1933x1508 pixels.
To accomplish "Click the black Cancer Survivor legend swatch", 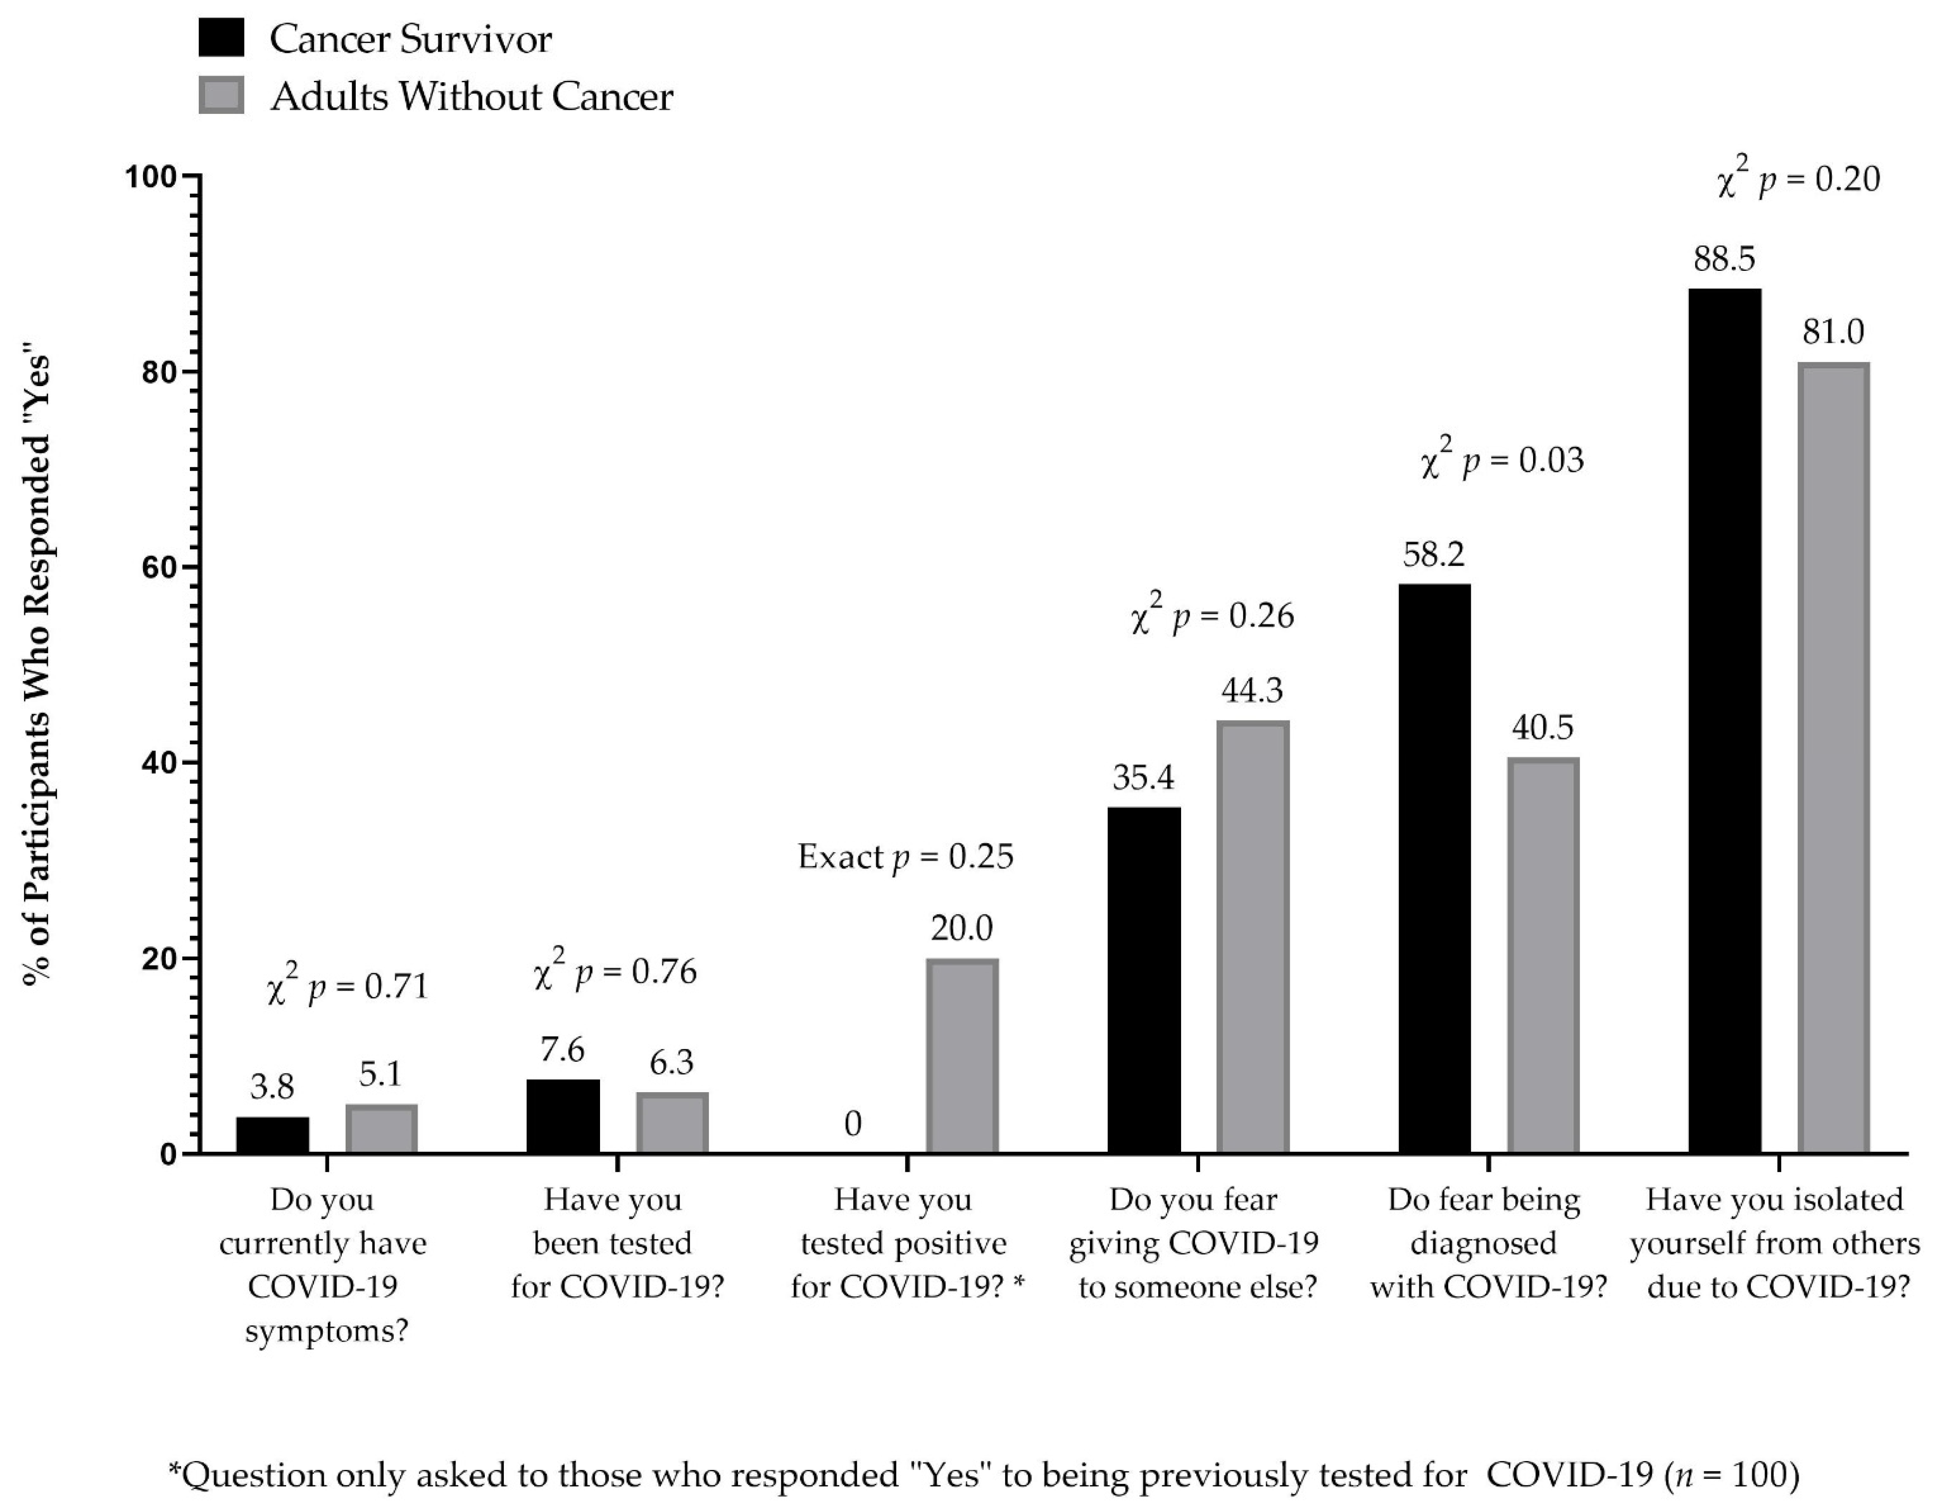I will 221,38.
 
